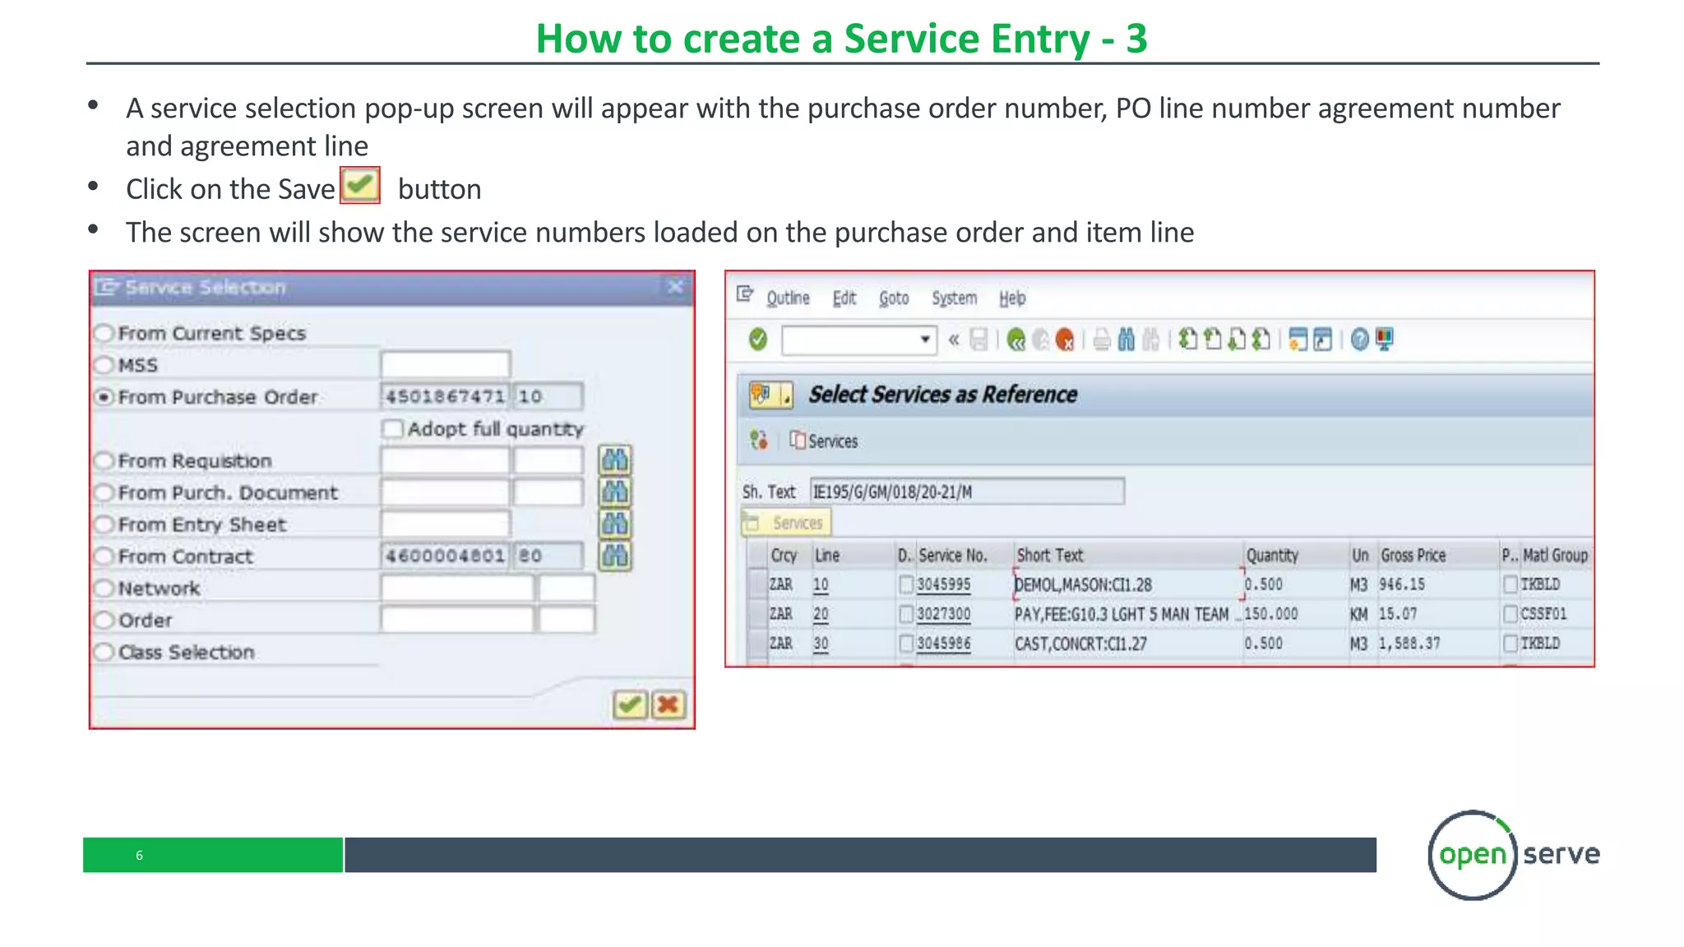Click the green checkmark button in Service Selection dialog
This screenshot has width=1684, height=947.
point(629,704)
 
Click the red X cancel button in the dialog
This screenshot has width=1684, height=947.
point(668,704)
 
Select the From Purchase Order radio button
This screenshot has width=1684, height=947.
point(104,397)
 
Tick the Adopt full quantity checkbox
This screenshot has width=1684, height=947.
point(392,428)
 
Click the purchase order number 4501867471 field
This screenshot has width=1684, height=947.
point(445,396)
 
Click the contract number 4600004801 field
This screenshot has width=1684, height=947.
point(445,556)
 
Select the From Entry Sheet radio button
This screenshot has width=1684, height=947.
point(104,524)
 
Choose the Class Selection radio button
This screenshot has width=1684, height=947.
point(104,652)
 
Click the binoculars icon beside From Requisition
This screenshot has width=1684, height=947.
point(614,460)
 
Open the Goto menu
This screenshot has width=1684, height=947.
point(893,298)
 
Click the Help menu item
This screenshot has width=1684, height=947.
point(1012,298)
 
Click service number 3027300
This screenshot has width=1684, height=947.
point(943,614)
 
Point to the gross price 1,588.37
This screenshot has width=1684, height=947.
point(1409,644)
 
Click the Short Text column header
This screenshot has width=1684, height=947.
point(1050,556)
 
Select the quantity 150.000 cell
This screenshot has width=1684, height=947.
point(1271,614)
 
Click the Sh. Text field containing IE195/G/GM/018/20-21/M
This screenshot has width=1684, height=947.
point(966,492)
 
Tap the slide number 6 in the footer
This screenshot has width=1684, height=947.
point(139,855)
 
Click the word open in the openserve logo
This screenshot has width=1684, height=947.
point(1472,854)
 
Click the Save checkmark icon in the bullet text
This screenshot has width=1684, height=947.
point(360,185)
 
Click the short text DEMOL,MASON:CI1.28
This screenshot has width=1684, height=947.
point(1083,584)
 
